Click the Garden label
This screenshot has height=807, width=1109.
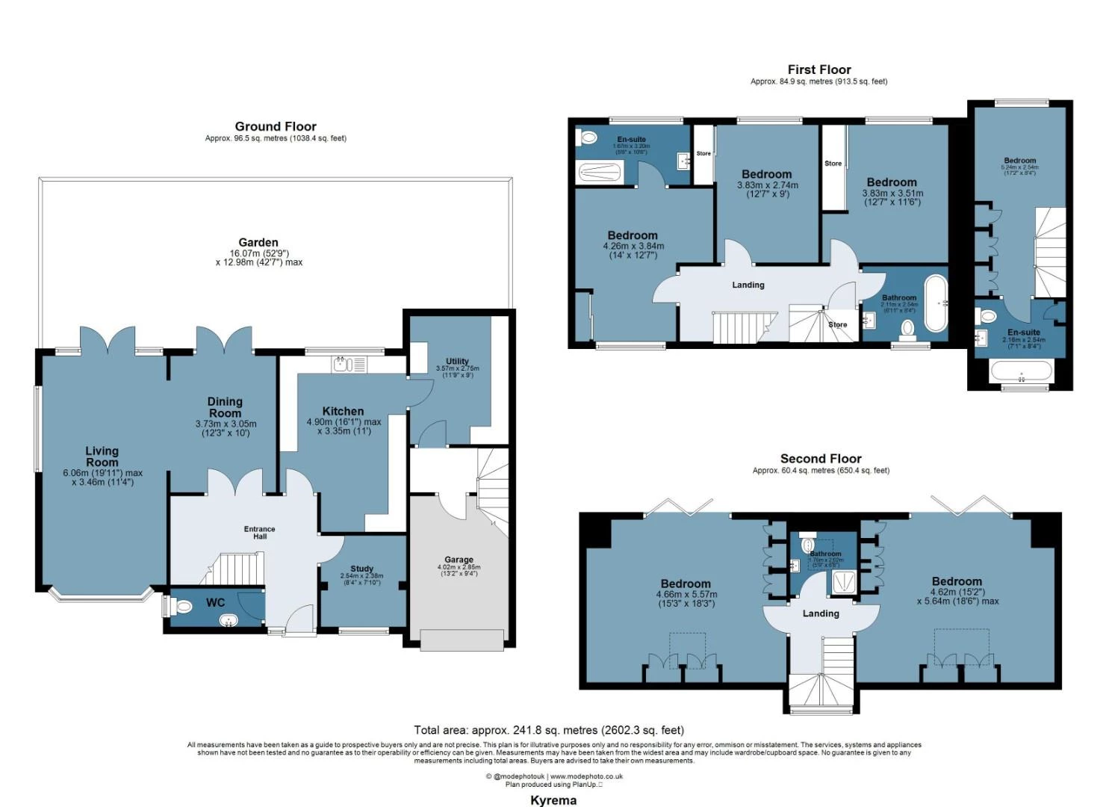[x=258, y=243]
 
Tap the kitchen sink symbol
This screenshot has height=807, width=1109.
[x=344, y=364]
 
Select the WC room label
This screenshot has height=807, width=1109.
[x=215, y=603]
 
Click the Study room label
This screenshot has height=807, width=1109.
[x=361, y=569]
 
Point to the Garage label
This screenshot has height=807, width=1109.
[x=459, y=560]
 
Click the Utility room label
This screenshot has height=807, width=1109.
[x=457, y=361]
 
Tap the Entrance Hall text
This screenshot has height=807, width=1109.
[x=259, y=533]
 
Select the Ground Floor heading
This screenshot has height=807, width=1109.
[x=276, y=126]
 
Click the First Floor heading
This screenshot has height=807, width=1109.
[x=819, y=69]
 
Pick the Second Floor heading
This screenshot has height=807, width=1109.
[x=821, y=459]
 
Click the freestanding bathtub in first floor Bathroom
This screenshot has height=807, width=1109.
[x=936, y=303]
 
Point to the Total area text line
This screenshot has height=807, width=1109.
[x=549, y=730]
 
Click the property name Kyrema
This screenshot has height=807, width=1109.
[x=553, y=800]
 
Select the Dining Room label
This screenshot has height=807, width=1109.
[x=225, y=407]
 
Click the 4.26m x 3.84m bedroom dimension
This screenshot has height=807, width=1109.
[x=633, y=246]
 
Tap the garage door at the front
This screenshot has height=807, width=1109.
[x=462, y=640]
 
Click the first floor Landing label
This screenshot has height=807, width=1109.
[x=748, y=285]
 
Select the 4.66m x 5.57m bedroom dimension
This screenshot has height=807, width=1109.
[x=686, y=595]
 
